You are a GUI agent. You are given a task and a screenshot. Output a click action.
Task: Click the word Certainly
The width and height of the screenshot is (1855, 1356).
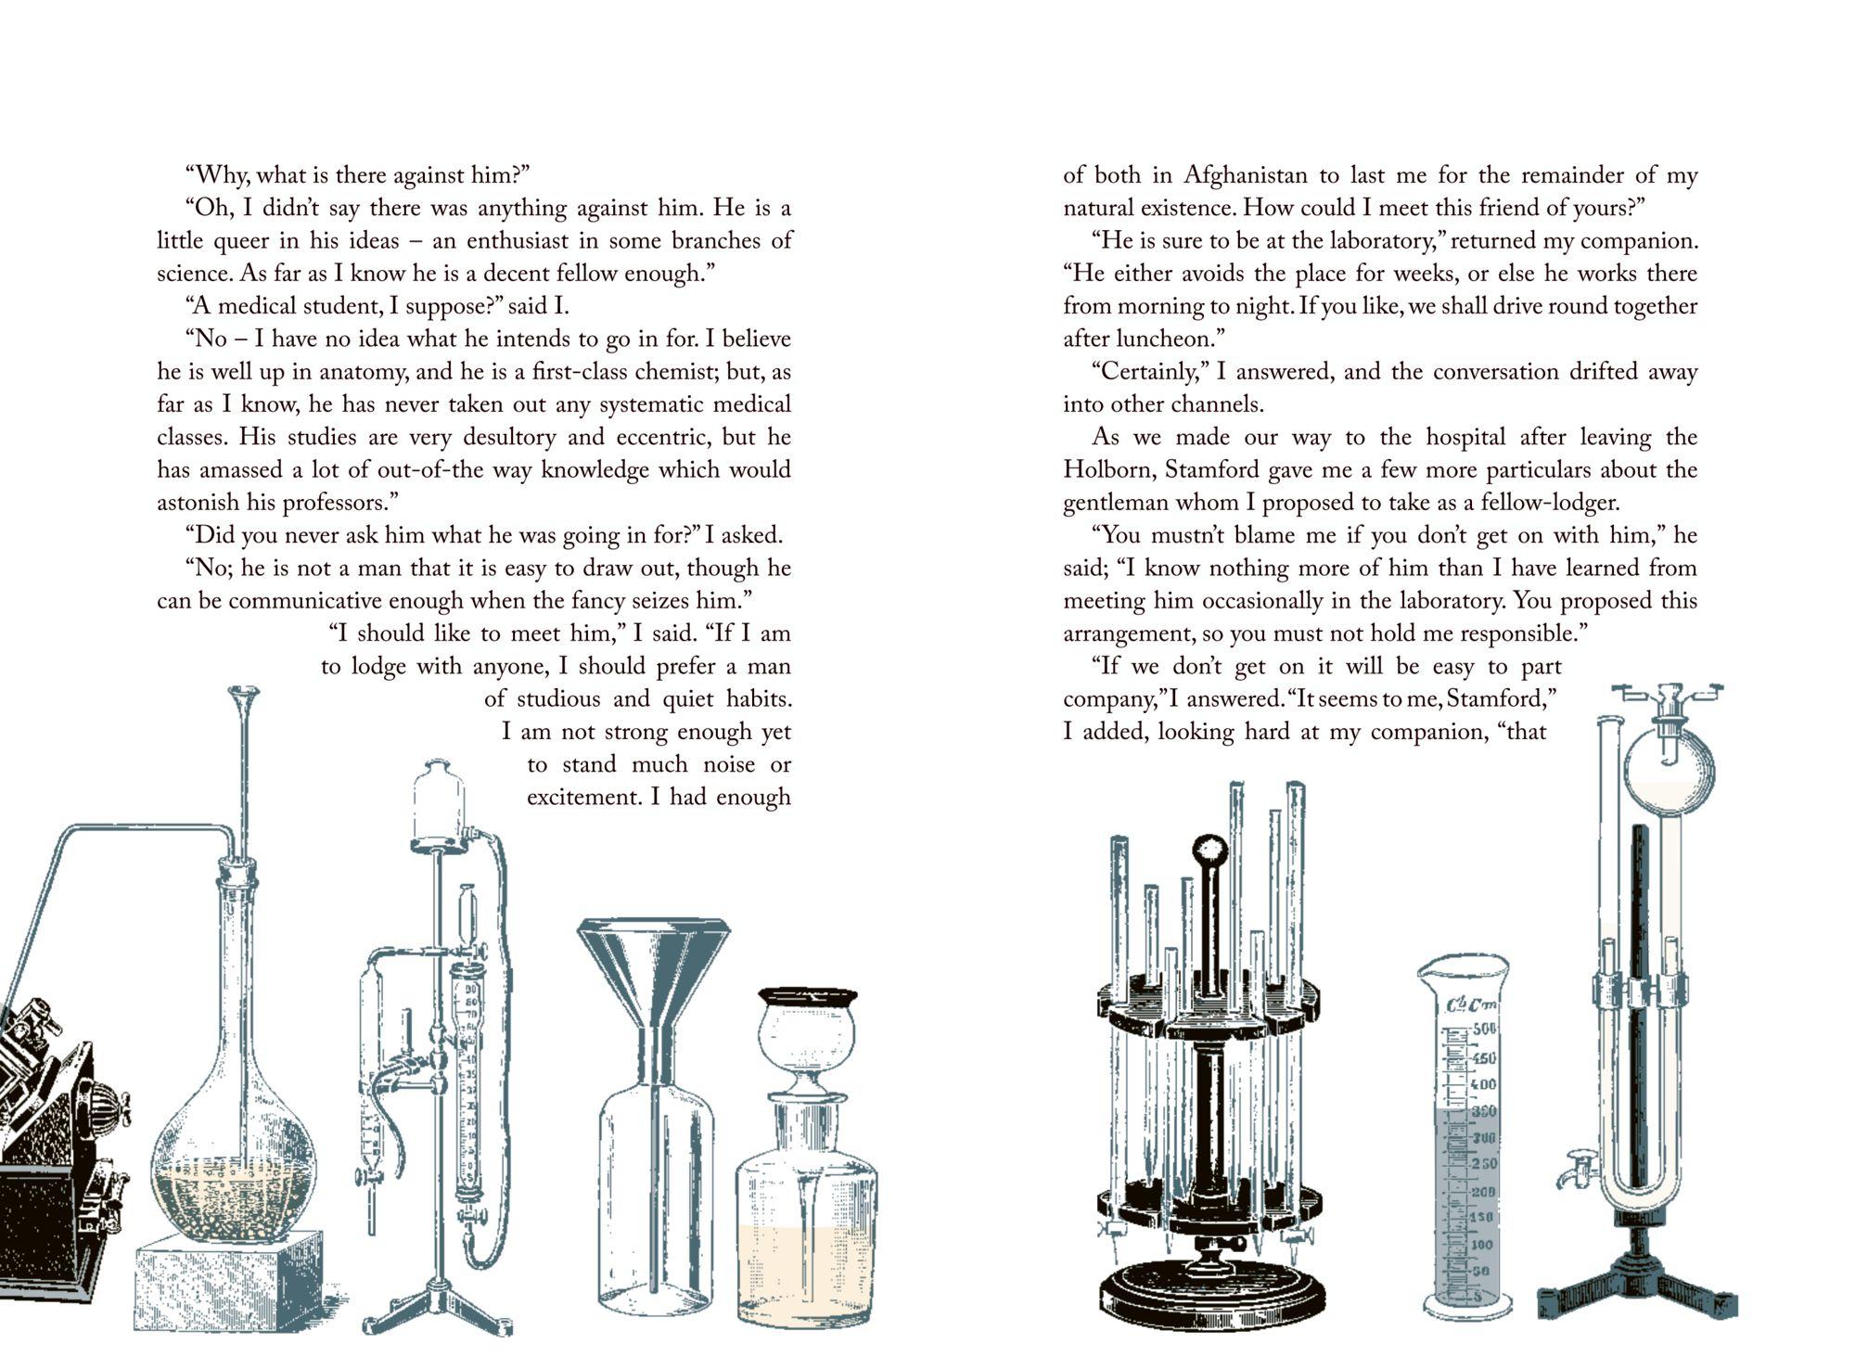(x=1148, y=372)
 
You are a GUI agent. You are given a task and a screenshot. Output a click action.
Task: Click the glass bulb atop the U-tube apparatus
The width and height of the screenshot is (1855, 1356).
(x=1669, y=769)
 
